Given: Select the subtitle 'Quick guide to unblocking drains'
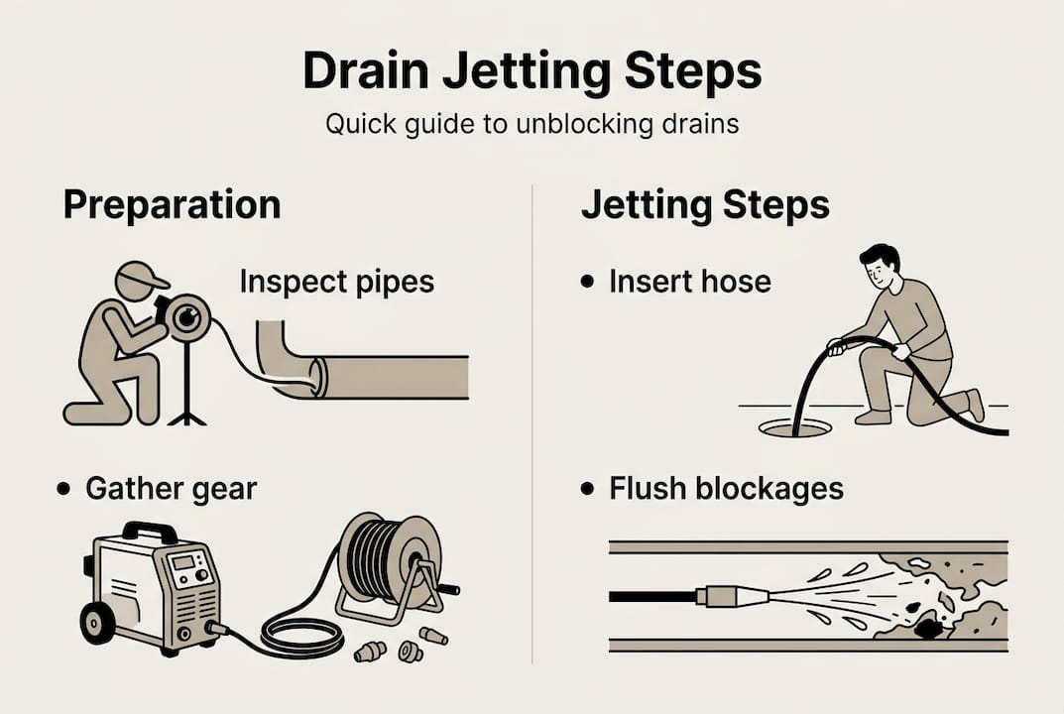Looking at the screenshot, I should pyautogui.click(x=532, y=127).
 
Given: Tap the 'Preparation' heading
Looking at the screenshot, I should pyautogui.click(x=172, y=205).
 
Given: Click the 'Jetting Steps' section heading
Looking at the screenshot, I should pyautogui.click(x=705, y=205).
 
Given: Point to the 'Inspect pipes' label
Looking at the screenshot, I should pyautogui.click(x=336, y=282).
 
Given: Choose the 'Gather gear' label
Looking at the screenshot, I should pyautogui.click(x=171, y=488).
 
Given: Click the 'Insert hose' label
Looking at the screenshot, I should pyautogui.click(x=689, y=282).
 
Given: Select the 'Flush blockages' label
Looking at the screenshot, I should pyautogui.click(x=726, y=488).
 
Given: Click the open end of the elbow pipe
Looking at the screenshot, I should pyautogui.click(x=317, y=379).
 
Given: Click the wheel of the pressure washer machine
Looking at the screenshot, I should pyautogui.click(x=98, y=624).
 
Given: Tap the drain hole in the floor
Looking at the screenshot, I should pyautogui.click(x=794, y=428).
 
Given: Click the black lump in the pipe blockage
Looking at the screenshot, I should pyautogui.click(x=929, y=627).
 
